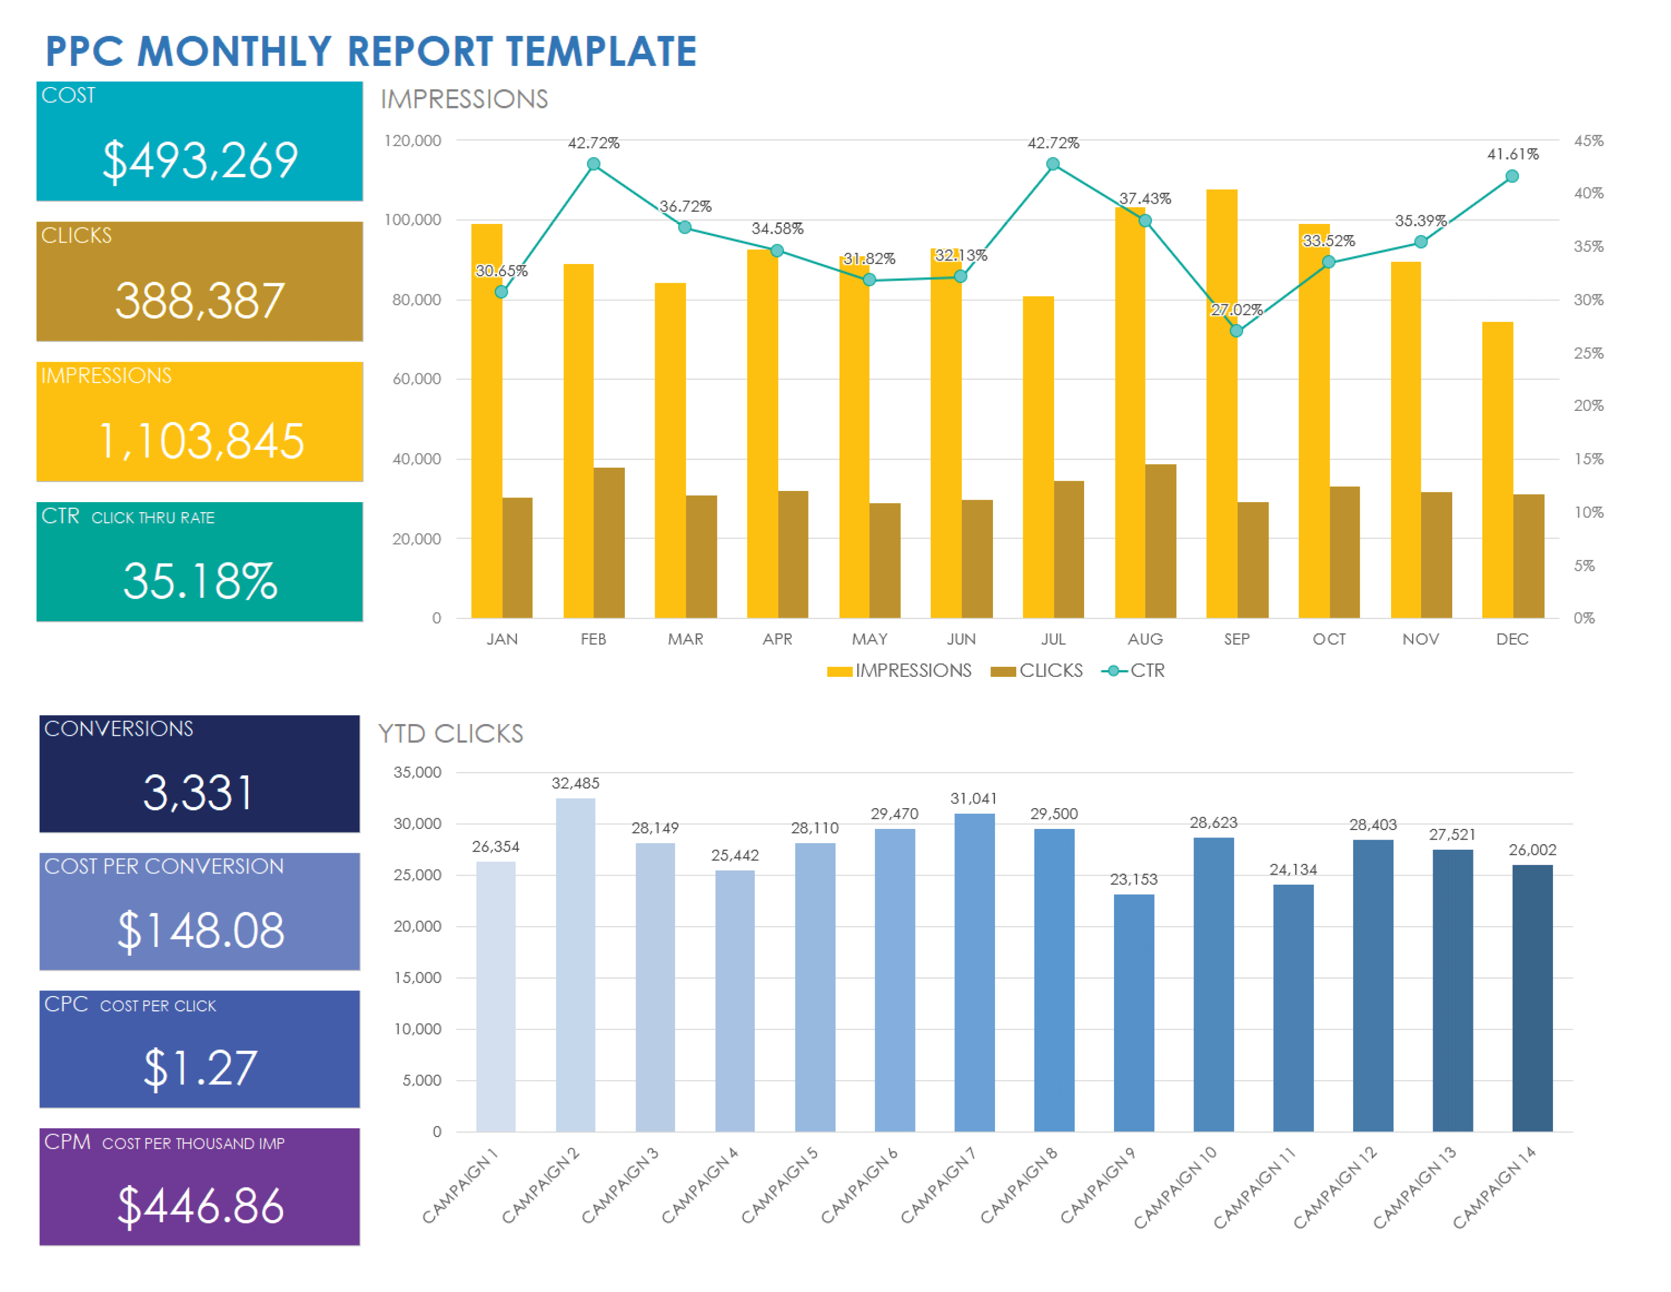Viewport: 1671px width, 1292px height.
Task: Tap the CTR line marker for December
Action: click(x=1512, y=177)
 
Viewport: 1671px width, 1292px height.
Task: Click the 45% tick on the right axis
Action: click(x=1588, y=141)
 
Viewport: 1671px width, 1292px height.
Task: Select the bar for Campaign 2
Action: click(x=575, y=964)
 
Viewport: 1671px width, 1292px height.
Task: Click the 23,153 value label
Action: click(x=1134, y=880)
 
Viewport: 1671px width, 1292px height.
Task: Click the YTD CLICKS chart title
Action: click(x=451, y=734)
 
